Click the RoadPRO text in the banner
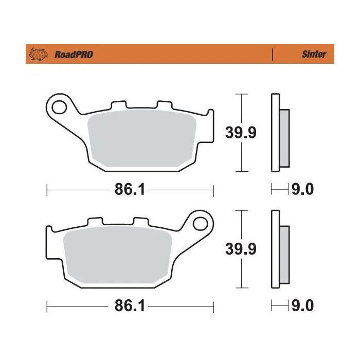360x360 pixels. click(73, 54)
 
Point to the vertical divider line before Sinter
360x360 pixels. click(272, 53)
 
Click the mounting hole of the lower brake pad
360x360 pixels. click(202, 223)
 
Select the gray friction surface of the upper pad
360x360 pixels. click(143, 139)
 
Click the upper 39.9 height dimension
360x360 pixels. click(241, 133)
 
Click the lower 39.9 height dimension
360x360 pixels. click(241, 249)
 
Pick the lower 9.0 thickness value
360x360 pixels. click(302, 307)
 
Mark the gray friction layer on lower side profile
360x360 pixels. click(285, 255)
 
